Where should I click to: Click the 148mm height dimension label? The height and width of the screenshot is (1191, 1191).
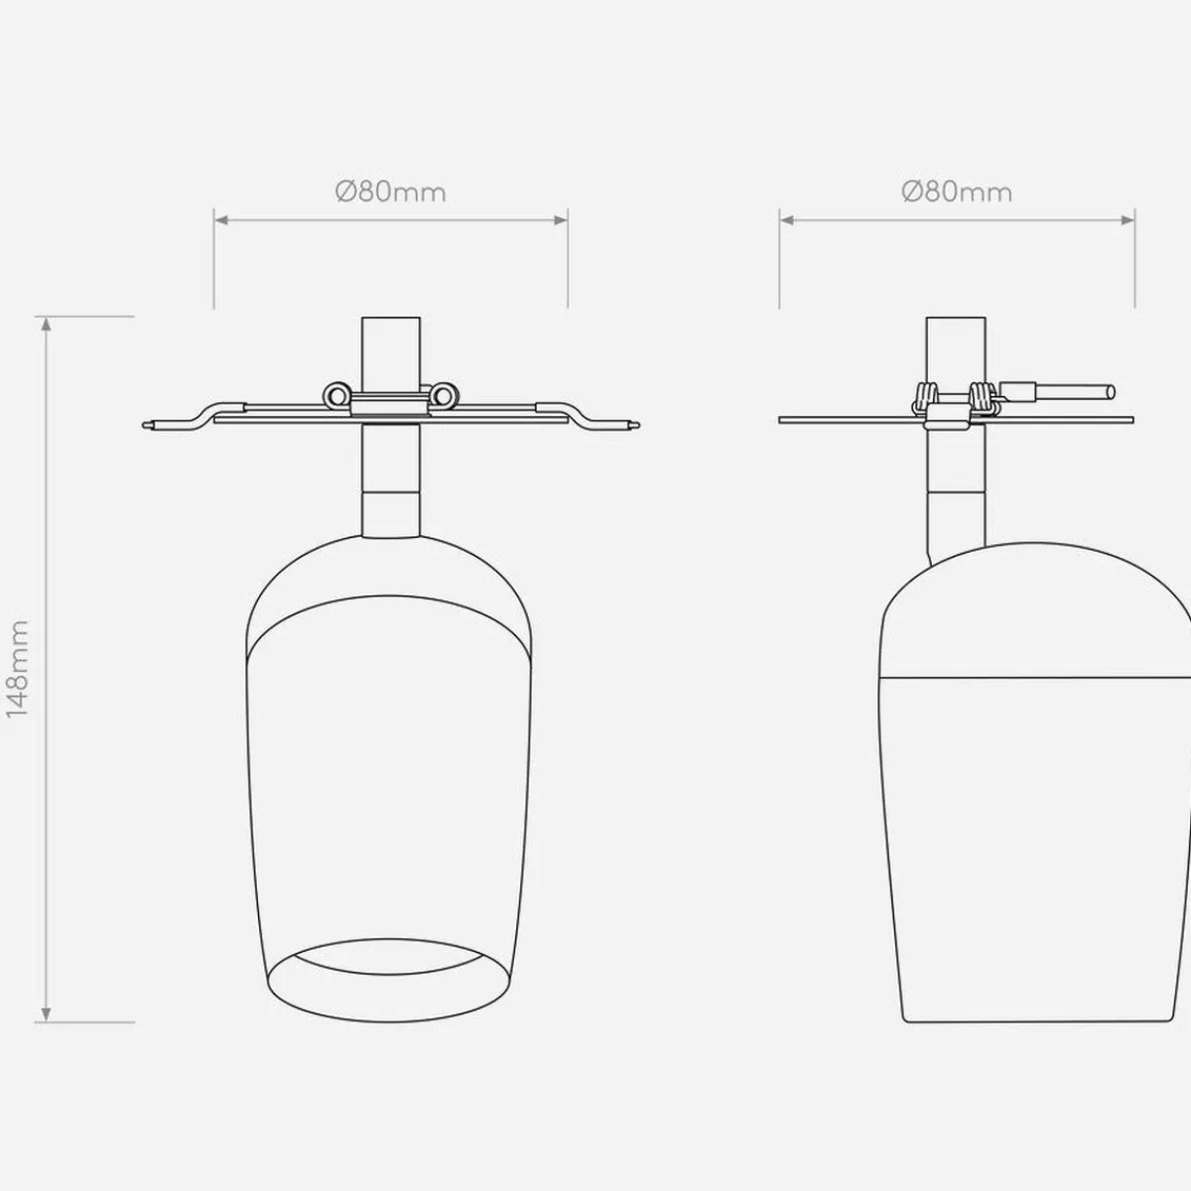coord(18,669)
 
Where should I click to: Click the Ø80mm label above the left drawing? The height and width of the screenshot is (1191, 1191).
coord(391,193)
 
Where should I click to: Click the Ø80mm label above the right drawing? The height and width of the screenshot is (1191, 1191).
coord(957,193)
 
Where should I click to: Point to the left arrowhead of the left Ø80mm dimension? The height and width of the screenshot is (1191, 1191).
coord(221,220)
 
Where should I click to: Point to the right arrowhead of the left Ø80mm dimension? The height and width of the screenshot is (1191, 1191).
coord(561,220)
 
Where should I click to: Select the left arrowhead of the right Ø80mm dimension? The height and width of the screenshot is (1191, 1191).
coord(787,220)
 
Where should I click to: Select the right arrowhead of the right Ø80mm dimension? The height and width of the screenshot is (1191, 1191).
coord(1126,220)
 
